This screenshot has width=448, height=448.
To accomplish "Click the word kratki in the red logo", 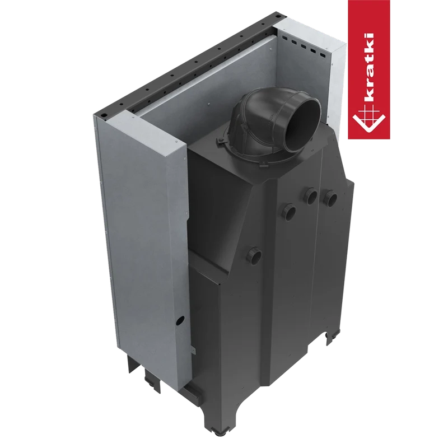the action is click(369, 69).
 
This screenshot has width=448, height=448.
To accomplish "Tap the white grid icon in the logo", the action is click(369, 120).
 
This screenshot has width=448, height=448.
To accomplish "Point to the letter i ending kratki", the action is click(369, 36).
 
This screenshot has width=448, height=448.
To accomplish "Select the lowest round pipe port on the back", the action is click(254, 255).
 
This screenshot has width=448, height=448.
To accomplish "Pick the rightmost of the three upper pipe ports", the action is click(330, 198).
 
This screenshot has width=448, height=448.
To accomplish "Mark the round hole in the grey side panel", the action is click(180, 320).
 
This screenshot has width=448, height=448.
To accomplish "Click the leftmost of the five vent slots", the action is click(284, 38).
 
